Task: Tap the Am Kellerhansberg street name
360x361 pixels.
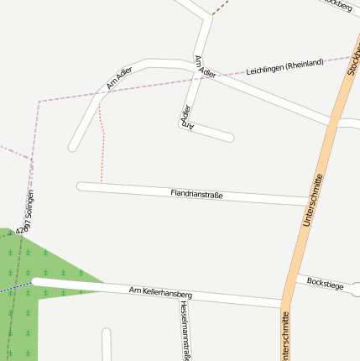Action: (161, 294)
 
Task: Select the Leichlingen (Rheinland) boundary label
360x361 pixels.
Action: (284, 68)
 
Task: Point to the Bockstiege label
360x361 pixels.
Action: (326, 283)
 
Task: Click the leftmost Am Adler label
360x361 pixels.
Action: (119, 77)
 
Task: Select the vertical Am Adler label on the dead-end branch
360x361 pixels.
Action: (187, 117)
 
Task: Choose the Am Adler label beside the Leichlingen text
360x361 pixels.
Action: (204, 67)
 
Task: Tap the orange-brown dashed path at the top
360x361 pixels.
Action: (221, 8)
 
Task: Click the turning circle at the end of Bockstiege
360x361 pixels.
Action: (356, 290)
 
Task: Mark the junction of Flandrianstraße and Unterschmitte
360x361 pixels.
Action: (308, 201)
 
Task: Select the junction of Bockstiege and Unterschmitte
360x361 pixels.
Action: (295, 277)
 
